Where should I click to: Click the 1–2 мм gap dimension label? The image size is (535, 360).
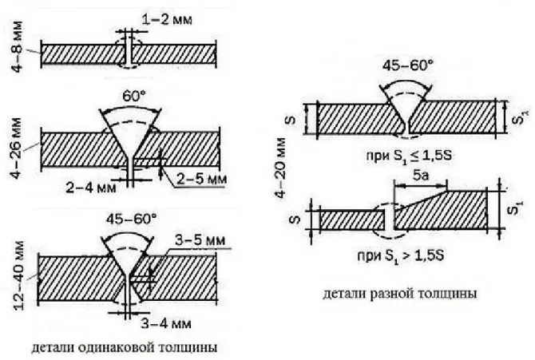(x=167, y=20)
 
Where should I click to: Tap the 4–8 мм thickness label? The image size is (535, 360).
(x=17, y=46)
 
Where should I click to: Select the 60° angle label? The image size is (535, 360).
(x=134, y=97)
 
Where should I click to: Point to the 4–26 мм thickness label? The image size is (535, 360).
(x=16, y=148)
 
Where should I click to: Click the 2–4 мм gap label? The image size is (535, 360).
(x=91, y=187)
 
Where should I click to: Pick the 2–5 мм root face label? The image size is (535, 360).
(x=201, y=179)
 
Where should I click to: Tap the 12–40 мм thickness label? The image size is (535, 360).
(x=19, y=275)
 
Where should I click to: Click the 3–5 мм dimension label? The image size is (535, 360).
(x=200, y=240)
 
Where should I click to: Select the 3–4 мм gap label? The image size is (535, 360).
(x=166, y=323)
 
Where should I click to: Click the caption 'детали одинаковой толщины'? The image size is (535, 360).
(x=125, y=347)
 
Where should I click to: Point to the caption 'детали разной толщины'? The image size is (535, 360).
(x=399, y=294)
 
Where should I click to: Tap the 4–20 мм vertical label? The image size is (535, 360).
(x=280, y=168)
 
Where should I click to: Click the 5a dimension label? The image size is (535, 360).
(x=420, y=176)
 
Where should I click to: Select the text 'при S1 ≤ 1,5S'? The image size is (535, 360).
(x=409, y=156)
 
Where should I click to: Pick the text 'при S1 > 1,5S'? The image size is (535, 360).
(x=401, y=255)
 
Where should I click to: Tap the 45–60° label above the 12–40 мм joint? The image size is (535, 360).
(x=131, y=219)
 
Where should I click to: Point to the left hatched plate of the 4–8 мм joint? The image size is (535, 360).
(x=83, y=54)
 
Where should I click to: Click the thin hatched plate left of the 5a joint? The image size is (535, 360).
(x=352, y=220)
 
